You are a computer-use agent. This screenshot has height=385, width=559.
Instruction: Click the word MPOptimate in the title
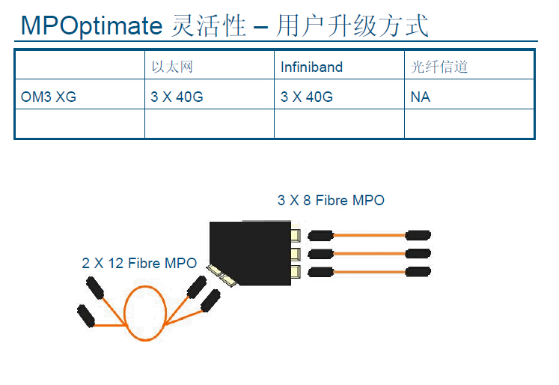(91, 26)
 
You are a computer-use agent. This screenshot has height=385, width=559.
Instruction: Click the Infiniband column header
(311, 67)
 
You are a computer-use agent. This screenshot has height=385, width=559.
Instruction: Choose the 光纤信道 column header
(439, 67)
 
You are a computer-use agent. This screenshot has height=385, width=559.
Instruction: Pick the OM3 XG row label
(48, 97)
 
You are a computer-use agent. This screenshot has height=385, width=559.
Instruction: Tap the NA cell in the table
(421, 97)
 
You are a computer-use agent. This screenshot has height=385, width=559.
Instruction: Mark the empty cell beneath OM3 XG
(80, 124)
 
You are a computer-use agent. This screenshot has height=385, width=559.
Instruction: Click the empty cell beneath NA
(469, 124)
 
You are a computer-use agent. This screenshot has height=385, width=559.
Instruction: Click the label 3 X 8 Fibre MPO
(331, 200)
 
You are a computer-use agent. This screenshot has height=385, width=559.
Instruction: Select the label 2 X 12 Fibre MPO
(139, 263)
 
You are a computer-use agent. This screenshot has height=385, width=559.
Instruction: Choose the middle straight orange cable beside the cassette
(368, 253)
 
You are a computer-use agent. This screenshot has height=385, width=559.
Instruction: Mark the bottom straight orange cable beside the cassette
(368, 271)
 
